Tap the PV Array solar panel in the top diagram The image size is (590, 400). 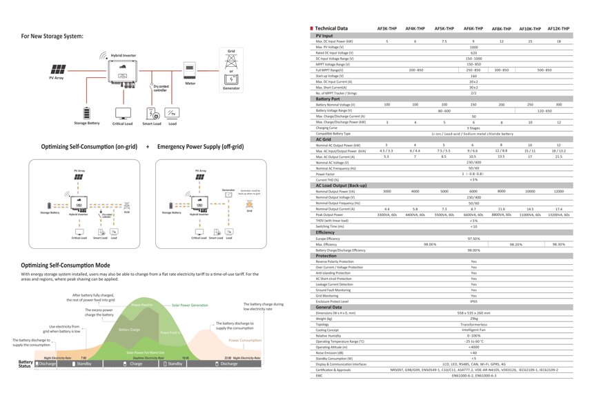(x=57, y=69)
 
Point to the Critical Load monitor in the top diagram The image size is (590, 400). (x=122, y=113)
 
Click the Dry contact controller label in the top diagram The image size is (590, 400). (x=160, y=88)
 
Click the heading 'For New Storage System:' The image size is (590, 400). (x=52, y=36)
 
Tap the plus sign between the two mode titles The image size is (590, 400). (x=146, y=147)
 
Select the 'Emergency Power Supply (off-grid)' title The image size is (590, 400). (x=204, y=147)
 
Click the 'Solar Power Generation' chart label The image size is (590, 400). (x=190, y=304)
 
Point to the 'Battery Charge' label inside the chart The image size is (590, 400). (x=129, y=330)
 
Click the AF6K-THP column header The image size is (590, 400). (x=473, y=28)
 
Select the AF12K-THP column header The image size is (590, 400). (x=558, y=28)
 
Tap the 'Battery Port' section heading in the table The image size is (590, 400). (x=328, y=99)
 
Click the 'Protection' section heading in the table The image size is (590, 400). (x=326, y=256)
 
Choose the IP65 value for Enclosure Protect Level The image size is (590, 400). (x=473, y=301)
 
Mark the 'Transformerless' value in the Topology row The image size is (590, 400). (x=473, y=323)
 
